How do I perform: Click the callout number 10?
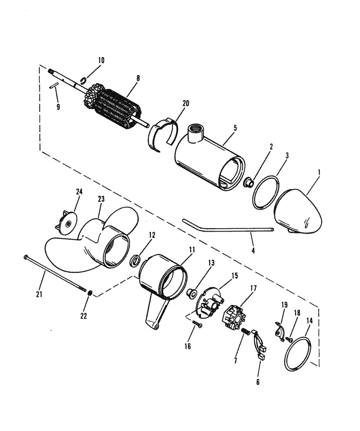coord(101,61)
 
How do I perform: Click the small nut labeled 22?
coord(90,293)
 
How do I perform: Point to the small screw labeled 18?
coord(288,339)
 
